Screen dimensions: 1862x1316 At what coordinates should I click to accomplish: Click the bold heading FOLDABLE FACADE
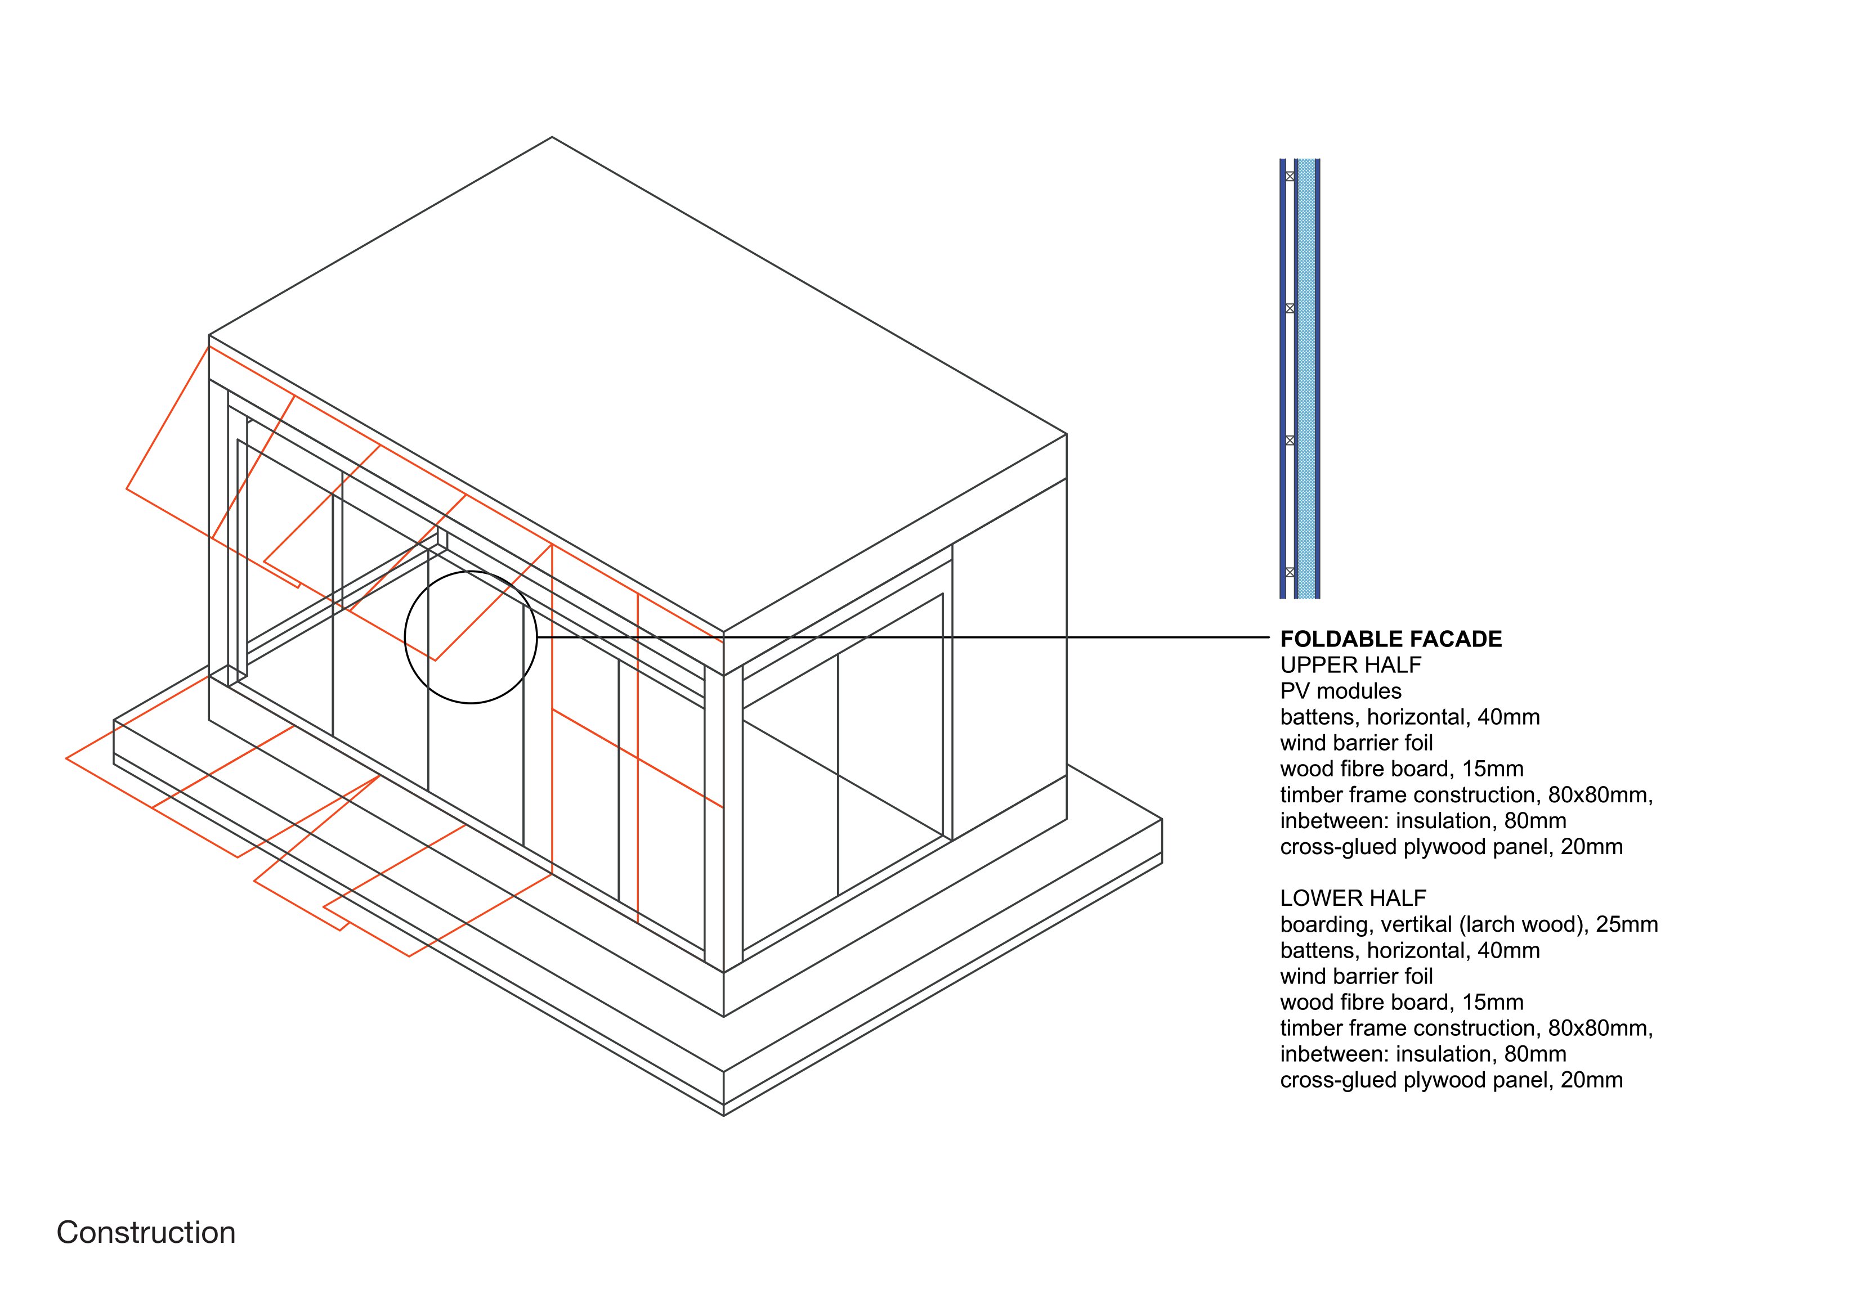1391,639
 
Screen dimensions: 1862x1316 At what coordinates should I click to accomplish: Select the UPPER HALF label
1350,665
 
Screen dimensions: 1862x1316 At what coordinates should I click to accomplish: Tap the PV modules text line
1341,691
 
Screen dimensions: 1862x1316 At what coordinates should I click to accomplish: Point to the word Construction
146,1233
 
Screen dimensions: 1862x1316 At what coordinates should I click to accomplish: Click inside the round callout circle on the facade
471,637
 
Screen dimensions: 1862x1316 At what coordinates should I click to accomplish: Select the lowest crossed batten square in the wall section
1290,572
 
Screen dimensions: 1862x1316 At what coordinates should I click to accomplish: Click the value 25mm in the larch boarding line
1627,924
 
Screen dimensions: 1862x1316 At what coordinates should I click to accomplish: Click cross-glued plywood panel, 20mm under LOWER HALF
1451,1080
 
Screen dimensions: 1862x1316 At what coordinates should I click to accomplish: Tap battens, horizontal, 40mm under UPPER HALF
1409,717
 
